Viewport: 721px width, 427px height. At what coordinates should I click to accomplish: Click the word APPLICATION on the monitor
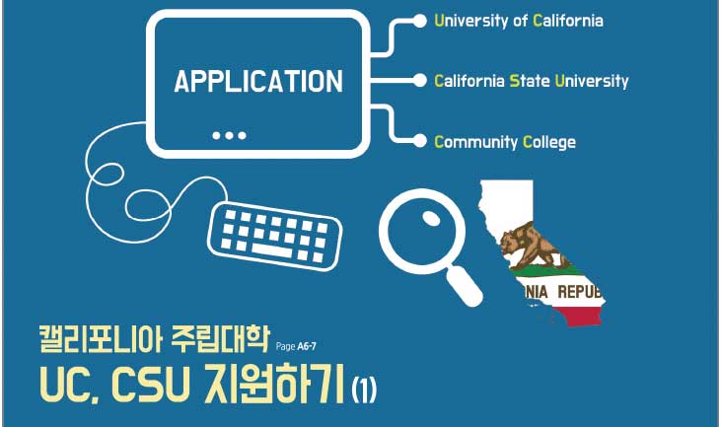(x=258, y=81)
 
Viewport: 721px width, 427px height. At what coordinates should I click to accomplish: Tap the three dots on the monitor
(x=230, y=135)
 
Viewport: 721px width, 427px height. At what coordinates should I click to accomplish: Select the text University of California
(x=519, y=21)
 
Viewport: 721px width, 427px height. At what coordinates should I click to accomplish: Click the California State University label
(x=532, y=81)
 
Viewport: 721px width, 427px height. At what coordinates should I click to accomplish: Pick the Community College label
(x=505, y=142)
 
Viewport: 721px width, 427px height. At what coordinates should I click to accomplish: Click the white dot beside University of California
(x=420, y=21)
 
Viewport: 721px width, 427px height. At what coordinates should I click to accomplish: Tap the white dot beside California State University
(x=420, y=81)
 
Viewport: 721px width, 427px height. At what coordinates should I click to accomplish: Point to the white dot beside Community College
(x=420, y=141)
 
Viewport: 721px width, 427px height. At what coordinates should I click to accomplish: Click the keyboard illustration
(x=275, y=237)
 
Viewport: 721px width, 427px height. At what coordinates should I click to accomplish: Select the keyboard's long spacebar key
(x=271, y=250)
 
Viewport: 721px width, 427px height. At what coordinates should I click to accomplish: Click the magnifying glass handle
(x=465, y=286)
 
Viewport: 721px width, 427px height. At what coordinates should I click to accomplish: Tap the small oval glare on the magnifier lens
(x=431, y=218)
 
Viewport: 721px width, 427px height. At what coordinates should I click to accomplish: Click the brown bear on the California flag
(x=534, y=246)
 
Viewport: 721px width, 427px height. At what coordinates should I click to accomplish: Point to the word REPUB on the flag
(x=579, y=292)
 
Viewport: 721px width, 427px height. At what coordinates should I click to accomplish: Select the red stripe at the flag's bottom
(x=580, y=316)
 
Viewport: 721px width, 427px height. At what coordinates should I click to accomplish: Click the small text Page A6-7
(x=296, y=346)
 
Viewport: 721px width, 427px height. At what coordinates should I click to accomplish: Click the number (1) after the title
(x=364, y=391)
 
